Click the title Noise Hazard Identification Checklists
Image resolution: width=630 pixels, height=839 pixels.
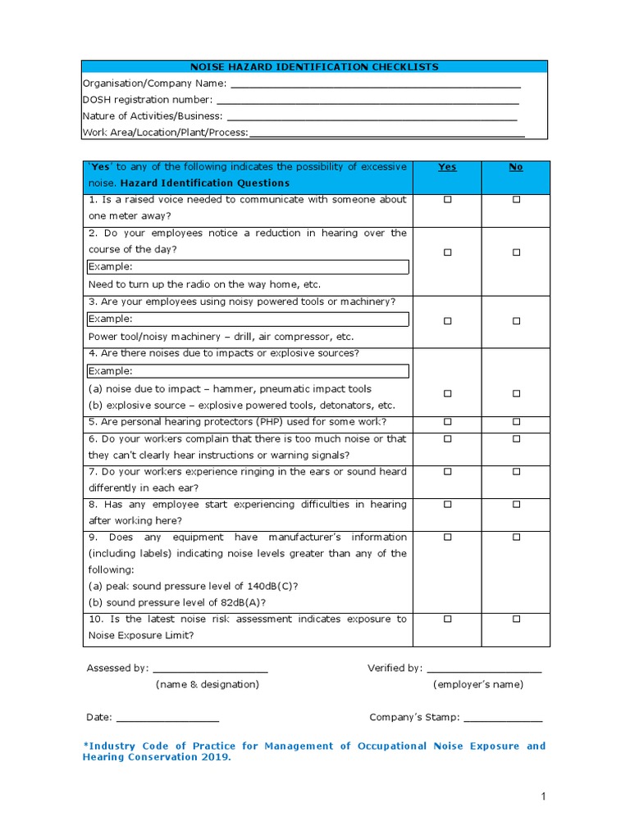pyautogui.click(x=315, y=67)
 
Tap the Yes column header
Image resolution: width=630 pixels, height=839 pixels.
pyautogui.click(x=447, y=167)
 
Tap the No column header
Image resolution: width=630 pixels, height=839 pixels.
pyautogui.click(x=516, y=167)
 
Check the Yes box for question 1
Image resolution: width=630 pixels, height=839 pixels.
pyautogui.click(x=448, y=200)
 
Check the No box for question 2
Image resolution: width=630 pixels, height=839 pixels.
pyautogui.click(x=517, y=252)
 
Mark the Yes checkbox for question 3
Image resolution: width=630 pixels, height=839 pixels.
pyautogui.click(x=448, y=321)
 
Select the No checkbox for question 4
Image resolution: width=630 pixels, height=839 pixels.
pyautogui.click(x=517, y=393)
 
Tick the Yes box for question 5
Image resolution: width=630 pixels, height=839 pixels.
pyautogui.click(x=448, y=423)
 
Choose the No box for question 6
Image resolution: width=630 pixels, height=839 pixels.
pyautogui.click(x=517, y=439)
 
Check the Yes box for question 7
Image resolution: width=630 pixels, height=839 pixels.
pyautogui.click(x=448, y=472)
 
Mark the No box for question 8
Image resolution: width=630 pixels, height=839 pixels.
pyautogui.click(x=517, y=505)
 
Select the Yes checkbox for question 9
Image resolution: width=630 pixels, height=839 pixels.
pyautogui.click(x=448, y=537)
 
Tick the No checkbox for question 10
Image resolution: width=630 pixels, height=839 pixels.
pyautogui.click(x=517, y=619)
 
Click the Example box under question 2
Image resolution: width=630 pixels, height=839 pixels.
pyautogui.click(x=248, y=267)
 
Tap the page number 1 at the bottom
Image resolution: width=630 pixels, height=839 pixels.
pyautogui.click(x=543, y=796)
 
